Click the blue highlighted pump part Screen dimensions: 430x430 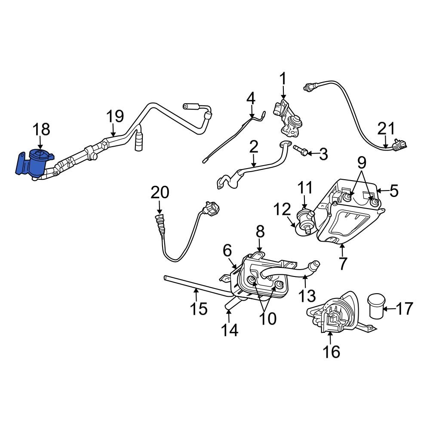click(x=36, y=163)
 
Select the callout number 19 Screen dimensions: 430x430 click(x=115, y=116)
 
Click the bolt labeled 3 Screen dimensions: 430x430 click(x=301, y=151)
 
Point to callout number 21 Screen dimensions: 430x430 click(x=386, y=129)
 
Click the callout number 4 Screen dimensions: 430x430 click(x=251, y=98)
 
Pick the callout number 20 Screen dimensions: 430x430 click(x=160, y=193)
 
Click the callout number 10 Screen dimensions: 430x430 click(x=267, y=318)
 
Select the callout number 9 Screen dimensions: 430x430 click(x=362, y=163)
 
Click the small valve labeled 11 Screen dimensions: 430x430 click(x=305, y=215)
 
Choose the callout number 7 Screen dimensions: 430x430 click(x=342, y=264)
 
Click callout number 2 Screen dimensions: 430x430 click(x=253, y=147)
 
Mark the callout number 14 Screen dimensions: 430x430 click(x=229, y=330)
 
